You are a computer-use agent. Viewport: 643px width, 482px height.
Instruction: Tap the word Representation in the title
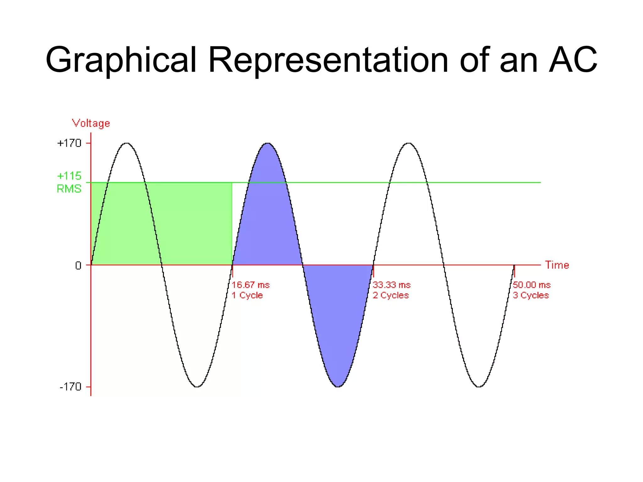(x=328, y=60)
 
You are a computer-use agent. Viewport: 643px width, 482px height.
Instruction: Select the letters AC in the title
(x=573, y=60)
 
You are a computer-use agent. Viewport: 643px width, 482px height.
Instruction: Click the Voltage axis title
(x=91, y=123)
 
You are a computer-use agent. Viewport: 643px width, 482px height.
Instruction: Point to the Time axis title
(x=557, y=265)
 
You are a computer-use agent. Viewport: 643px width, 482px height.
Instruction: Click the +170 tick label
(x=69, y=143)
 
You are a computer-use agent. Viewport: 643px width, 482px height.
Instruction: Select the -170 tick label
(x=70, y=387)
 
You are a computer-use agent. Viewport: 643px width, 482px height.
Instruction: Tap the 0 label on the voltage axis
(x=78, y=266)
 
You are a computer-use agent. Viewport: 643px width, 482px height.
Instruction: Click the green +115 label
(x=69, y=176)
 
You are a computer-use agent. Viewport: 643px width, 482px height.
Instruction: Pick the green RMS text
(x=69, y=189)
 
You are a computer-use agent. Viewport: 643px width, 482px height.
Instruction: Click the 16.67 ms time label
(x=251, y=285)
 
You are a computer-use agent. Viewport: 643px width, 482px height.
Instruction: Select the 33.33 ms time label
(x=392, y=285)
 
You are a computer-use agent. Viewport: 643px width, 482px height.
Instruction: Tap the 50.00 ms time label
(x=532, y=285)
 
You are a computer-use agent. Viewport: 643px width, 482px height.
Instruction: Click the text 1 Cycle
(x=247, y=295)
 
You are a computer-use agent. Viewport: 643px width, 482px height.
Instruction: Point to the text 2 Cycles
(x=391, y=295)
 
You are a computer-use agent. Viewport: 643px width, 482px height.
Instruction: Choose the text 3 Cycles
(x=531, y=295)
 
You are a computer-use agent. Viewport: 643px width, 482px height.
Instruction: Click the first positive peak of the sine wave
(x=126, y=143)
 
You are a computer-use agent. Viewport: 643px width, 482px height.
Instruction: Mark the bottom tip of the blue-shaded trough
(x=338, y=386)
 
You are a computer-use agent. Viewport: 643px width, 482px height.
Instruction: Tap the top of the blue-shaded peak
(x=267, y=144)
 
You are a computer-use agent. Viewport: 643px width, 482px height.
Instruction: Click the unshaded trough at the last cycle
(x=479, y=386)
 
